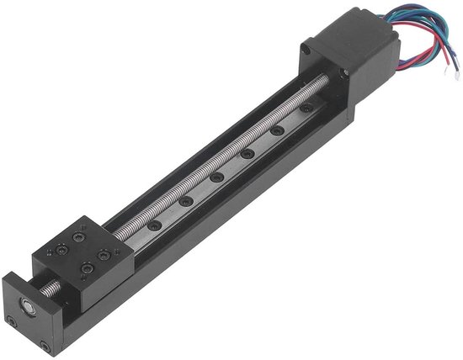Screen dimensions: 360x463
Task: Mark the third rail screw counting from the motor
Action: [247, 155]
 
